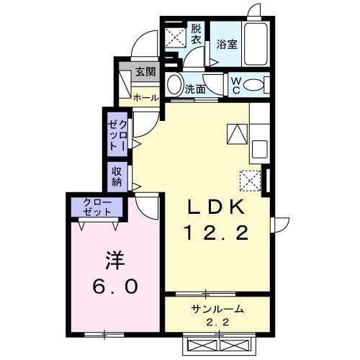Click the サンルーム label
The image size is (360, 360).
[x=217, y=309]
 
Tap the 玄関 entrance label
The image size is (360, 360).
[x=145, y=71]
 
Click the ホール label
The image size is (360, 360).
[x=145, y=96]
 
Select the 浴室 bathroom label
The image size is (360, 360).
[x=226, y=43]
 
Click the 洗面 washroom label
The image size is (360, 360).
[x=195, y=90]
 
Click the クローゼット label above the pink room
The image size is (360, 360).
[x=96, y=207]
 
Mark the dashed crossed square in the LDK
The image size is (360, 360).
[x=250, y=178]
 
